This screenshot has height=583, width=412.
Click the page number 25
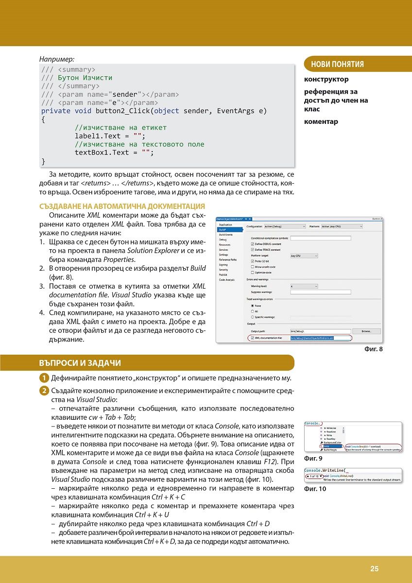[374, 569]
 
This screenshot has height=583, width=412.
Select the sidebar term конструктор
[326, 79]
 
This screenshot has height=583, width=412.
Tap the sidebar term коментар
[321, 121]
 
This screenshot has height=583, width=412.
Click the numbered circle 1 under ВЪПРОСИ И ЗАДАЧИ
[44, 378]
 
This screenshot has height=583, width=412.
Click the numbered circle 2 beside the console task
[44, 392]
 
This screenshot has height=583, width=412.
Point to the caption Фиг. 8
[373, 348]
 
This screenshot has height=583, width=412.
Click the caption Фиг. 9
[313, 458]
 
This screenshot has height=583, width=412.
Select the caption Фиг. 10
[315, 489]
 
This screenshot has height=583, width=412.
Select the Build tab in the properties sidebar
[223, 229]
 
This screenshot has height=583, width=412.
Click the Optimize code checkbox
[252, 272]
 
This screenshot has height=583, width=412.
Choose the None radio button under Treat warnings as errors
[252, 306]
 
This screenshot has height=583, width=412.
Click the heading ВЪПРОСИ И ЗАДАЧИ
[80, 363]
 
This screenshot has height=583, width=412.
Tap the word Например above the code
[57, 59]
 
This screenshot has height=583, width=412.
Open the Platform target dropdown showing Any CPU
[304, 255]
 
